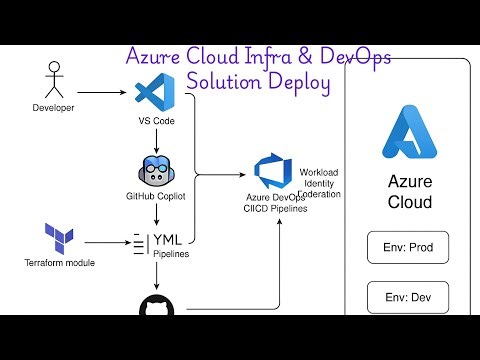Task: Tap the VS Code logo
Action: coord(150,96)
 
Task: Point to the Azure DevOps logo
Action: coord(271,171)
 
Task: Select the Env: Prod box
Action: coord(409,246)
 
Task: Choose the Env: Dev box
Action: coord(409,298)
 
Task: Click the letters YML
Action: coord(166,239)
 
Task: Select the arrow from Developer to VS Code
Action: coord(104,97)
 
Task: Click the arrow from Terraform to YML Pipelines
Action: coord(105,241)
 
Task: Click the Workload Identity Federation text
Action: coord(321,177)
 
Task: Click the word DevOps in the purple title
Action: coord(346,57)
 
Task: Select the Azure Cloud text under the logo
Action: coord(409,192)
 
